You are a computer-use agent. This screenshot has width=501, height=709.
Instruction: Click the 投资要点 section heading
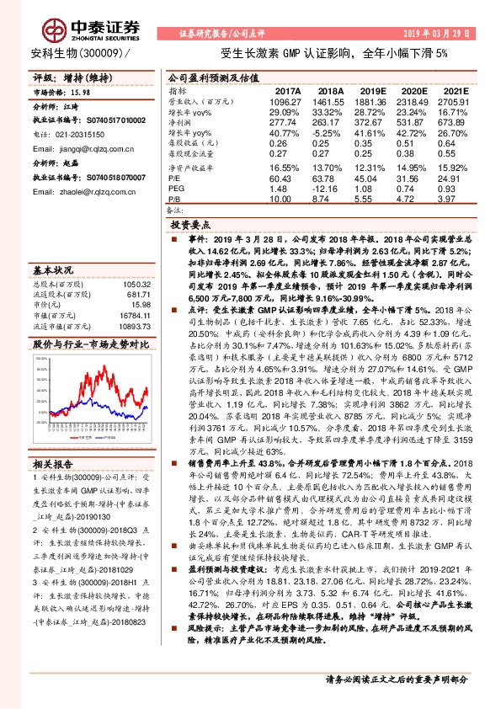point(192,227)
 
